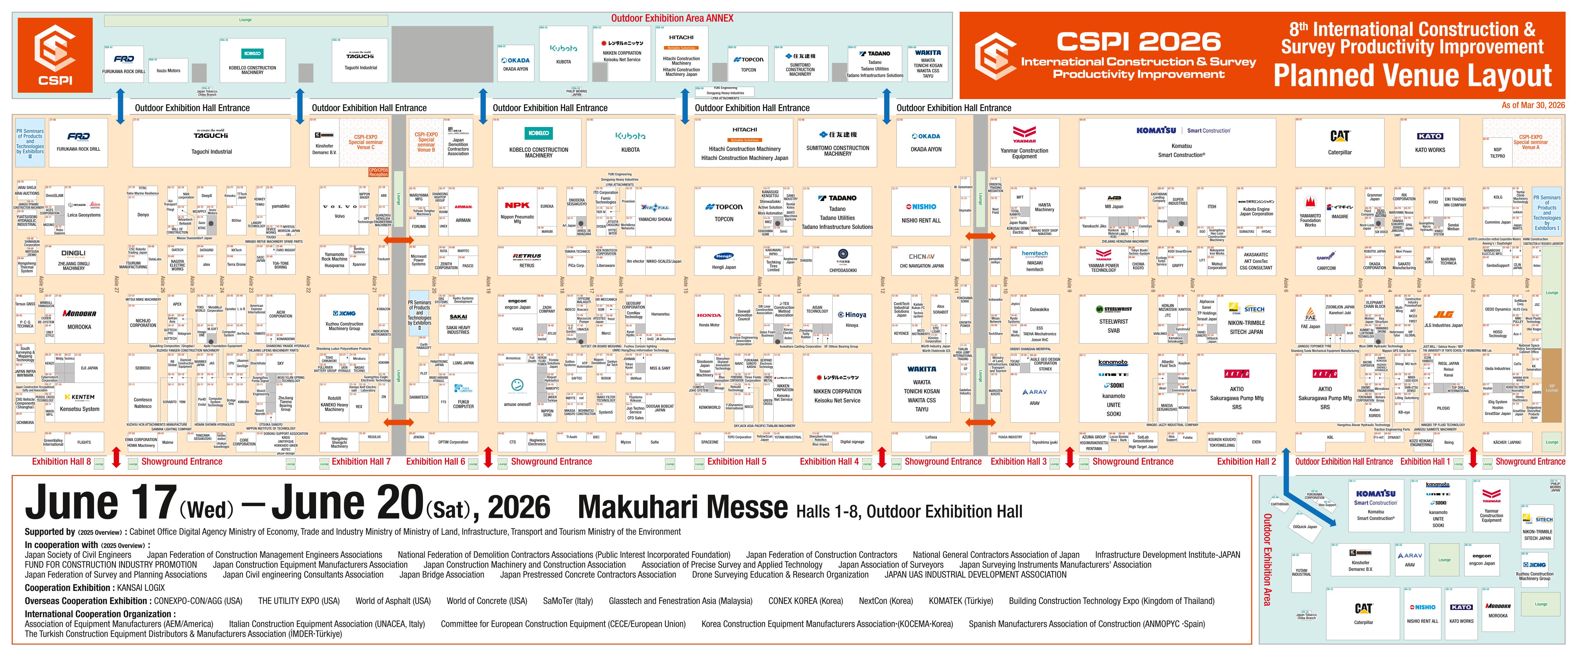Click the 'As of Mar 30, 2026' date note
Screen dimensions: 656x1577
coord(1532,105)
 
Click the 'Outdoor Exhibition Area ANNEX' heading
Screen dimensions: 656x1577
coord(672,18)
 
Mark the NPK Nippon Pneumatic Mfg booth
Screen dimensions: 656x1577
coord(517,211)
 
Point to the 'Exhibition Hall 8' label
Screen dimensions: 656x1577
coord(61,461)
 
